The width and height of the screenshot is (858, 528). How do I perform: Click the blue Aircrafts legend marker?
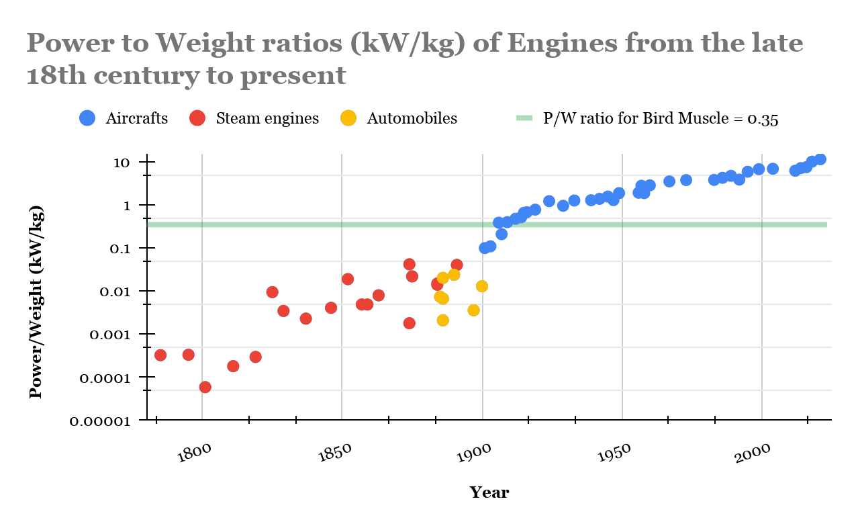point(87,118)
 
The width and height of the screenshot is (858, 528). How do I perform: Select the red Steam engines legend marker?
point(197,118)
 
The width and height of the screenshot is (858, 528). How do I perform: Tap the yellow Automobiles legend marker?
point(348,118)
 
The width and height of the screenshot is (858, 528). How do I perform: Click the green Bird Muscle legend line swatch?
point(524,118)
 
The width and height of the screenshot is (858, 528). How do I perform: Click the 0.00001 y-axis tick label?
point(109,421)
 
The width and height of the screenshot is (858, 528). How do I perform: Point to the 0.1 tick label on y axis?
point(128,249)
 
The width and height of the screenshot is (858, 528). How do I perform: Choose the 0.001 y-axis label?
point(120,335)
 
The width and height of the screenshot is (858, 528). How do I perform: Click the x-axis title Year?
point(489,492)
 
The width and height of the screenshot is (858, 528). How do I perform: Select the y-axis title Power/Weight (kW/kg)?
point(36,302)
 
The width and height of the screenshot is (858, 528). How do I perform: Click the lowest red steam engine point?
point(205,387)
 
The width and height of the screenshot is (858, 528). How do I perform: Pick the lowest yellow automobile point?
point(443,320)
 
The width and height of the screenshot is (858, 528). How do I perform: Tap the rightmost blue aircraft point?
point(820,159)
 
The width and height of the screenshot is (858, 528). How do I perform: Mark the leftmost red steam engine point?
point(160,355)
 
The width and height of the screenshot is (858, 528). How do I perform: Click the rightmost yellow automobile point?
point(481,286)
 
